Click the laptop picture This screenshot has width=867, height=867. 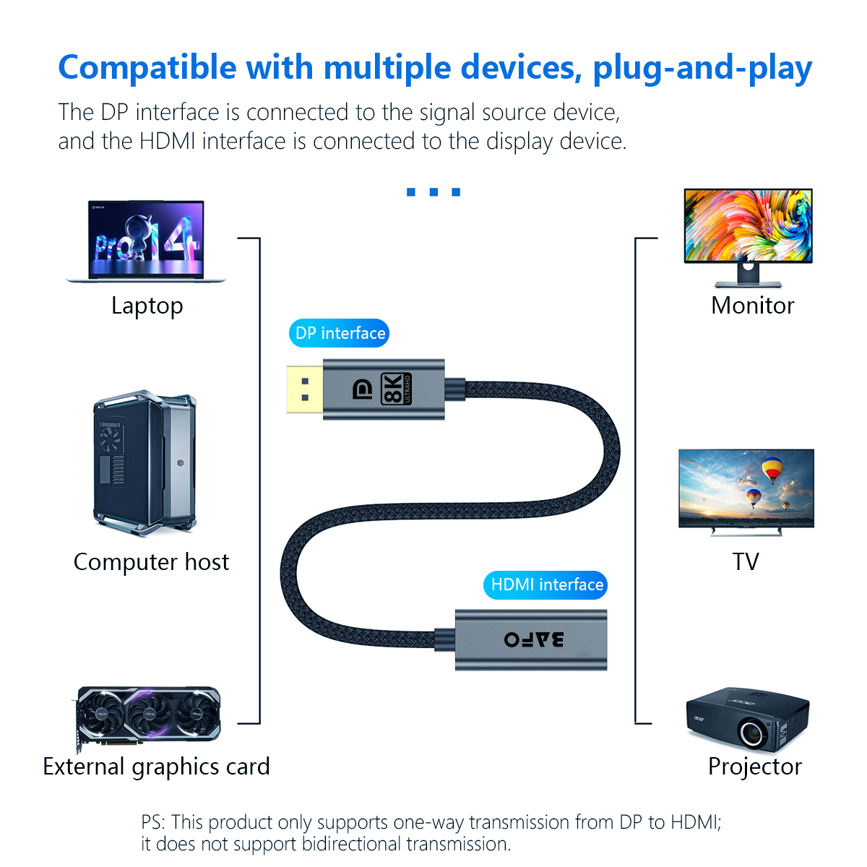[x=145, y=241]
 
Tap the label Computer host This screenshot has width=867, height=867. [x=151, y=562]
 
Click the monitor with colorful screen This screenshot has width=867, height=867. [x=748, y=238]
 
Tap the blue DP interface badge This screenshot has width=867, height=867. [x=340, y=333]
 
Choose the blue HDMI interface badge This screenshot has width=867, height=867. [x=545, y=585]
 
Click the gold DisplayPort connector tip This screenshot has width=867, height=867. [x=305, y=389]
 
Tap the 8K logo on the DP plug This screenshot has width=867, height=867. [x=396, y=389]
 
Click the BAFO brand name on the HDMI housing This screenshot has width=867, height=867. [x=534, y=639]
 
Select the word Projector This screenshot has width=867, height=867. [x=755, y=767]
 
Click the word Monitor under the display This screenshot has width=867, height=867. [x=753, y=306]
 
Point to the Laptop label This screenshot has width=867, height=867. [x=147, y=306]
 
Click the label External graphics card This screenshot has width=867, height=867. [x=156, y=767]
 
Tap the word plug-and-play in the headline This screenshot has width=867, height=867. [x=702, y=68]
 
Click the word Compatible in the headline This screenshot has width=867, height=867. [x=147, y=68]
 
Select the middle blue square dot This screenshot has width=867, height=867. [x=433, y=192]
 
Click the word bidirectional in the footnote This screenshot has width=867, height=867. [x=351, y=844]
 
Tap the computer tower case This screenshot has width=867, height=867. [x=144, y=463]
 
